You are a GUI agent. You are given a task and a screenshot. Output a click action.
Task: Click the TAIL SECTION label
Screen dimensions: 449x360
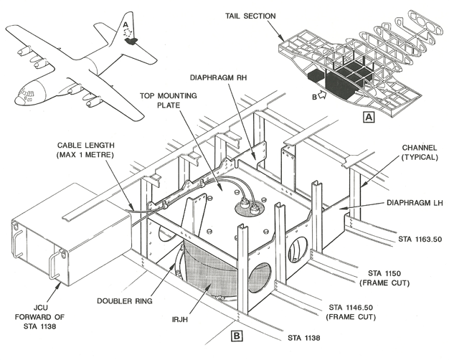[x=250, y=16]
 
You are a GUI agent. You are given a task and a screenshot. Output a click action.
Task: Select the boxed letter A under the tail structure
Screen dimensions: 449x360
[x=369, y=117]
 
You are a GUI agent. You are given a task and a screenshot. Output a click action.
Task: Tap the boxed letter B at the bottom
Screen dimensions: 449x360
[x=237, y=336]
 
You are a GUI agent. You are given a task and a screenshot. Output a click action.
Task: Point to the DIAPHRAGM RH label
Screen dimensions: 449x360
[x=218, y=78]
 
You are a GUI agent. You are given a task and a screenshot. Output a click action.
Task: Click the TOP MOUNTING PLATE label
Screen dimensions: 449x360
[x=169, y=100]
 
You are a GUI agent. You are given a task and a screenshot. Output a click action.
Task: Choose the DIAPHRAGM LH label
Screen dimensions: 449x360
[x=415, y=203]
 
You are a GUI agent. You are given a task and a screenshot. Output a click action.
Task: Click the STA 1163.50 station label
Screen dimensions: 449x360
[x=420, y=239]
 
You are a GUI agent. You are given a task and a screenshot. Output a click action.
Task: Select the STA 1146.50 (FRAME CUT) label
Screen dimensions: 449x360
[x=351, y=312]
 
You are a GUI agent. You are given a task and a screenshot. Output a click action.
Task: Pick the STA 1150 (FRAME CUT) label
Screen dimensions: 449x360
[x=384, y=278]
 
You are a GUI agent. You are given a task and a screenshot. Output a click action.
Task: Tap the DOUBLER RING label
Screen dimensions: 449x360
[x=125, y=301]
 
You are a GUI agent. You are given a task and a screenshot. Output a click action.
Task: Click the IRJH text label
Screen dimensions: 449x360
[x=180, y=319]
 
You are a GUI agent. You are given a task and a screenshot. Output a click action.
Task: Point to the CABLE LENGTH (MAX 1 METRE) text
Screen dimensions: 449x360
[x=85, y=150]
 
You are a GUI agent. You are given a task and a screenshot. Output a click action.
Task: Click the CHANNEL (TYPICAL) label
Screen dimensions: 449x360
[x=420, y=152]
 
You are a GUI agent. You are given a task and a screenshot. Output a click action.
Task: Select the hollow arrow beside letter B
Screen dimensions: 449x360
[x=323, y=95]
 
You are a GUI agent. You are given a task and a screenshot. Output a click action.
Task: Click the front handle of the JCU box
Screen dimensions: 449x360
[x=55, y=264]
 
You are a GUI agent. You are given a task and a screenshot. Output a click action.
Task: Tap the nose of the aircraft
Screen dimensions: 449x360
[x=18, y=100]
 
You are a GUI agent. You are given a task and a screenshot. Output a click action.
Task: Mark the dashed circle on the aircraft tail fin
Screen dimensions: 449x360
[x=128, y=32]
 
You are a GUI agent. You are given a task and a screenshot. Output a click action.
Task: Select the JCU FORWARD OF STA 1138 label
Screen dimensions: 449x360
[x=39, y=317]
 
